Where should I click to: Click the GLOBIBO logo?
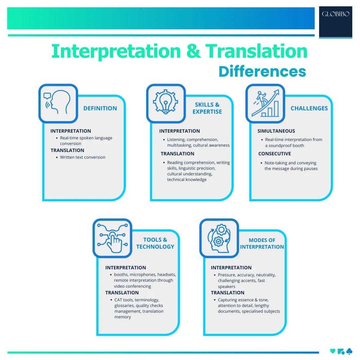(335, 14)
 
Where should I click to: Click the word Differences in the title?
(262, 72)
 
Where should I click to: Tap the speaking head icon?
(58, 103)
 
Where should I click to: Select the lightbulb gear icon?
(166, 103)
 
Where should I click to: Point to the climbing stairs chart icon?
(265, 103)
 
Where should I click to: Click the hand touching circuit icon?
(112, 238)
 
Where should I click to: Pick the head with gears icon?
(219, 238)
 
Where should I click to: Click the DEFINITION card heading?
(100, 108)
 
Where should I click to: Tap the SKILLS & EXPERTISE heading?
(207, 108)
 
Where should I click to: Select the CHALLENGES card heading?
(309, 108)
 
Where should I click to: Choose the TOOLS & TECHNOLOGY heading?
(155, 243)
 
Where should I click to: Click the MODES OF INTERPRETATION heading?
(262, 244)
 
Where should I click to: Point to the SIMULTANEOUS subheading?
(276, 131)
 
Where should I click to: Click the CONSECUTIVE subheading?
(274, 154)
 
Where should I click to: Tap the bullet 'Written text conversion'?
(82, 157)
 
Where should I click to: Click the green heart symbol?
(332, 351)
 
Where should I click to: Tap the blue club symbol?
(349, 351)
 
